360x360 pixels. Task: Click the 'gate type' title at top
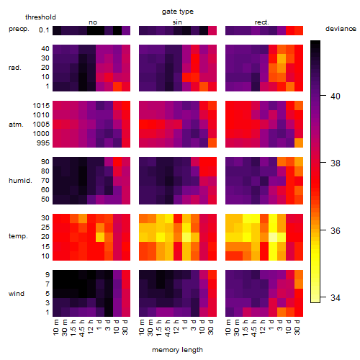click(x=178, y=12)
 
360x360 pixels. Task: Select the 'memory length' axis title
click(x=177, y=350)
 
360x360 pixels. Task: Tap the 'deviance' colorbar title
click(x=341, y=29)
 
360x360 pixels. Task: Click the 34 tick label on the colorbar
click(x=335, y=298)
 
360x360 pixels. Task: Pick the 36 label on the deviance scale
click(x=335, y=230)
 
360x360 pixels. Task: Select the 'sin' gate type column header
click(x=177, y=22)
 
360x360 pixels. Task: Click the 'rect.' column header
click(x=261, y=22)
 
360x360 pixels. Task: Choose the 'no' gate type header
click(x=93, y=22)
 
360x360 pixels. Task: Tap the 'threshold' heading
click(x=40, y=17)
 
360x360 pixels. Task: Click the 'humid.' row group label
click(x=20, y=181)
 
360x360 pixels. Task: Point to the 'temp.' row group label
click(x=18, y=236)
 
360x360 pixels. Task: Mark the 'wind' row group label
click(x=17, y=294)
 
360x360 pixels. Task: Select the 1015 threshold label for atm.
click(x=41, y=106)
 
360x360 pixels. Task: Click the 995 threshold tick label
click(x=43, y=143)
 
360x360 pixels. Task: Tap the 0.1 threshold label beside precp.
click(x=44, y=30)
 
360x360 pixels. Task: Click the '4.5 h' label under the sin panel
click(x=168, y=328)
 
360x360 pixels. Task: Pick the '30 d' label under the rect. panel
click(x=297, y=327)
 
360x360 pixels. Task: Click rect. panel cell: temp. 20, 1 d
click(x=273, y=237)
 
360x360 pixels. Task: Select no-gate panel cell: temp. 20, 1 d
click(x=100, y=237)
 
